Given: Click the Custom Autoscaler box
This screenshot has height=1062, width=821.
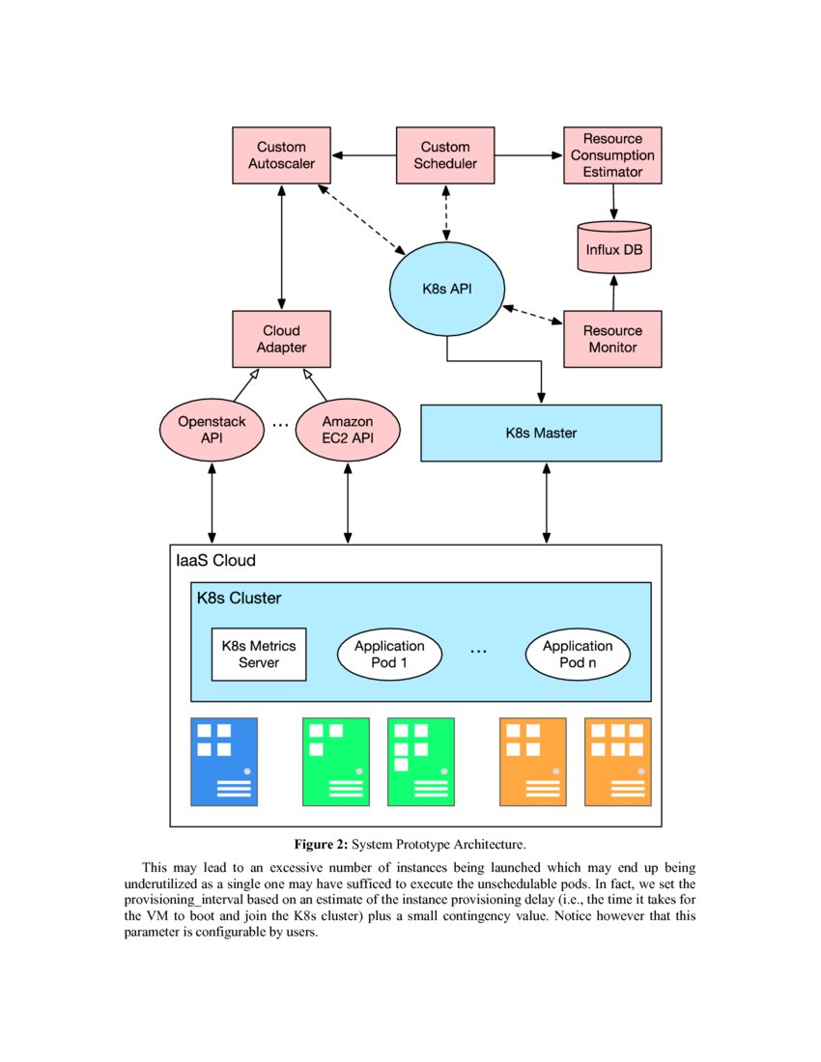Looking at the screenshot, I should [281, 155].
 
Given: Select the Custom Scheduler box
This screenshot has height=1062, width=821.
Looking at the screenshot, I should [445, 155].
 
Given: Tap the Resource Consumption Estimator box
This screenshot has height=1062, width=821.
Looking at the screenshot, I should [612, 155].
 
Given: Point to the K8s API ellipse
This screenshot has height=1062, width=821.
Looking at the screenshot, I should [445, 289].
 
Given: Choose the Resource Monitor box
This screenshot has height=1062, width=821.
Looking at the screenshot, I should [612, 339].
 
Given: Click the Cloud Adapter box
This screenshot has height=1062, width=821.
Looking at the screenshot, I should [281, 339].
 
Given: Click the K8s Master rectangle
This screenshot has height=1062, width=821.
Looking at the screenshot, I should [541, 433].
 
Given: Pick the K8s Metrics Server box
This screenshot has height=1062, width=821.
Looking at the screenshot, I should [259, 654].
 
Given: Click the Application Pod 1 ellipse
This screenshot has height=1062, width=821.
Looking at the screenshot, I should [389, 654].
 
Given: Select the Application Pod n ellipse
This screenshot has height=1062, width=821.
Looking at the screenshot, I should [578, 654].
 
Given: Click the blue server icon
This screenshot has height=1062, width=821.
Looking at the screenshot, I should [224, 762].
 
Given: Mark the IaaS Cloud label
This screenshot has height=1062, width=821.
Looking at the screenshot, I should [214, 561].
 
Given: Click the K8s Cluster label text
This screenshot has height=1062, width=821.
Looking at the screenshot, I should [239, 598].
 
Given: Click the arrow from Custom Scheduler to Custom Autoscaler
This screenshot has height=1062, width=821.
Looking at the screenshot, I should [363, 155].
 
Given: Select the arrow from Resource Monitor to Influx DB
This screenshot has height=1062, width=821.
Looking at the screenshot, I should [612, 293].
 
